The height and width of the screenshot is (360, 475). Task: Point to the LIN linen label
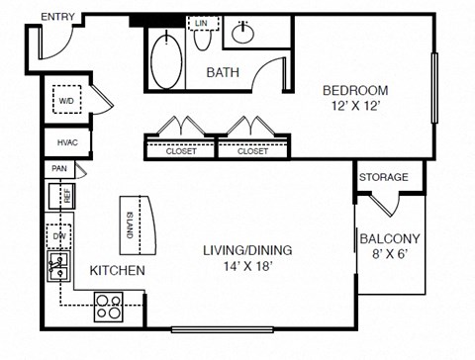coord(202,22)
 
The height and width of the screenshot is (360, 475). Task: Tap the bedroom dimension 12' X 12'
coord(353,108)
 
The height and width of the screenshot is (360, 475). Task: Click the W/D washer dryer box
coord(67,100)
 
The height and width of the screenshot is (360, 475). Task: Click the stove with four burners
coord(108,304)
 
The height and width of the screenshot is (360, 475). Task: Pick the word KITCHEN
coord(119,270)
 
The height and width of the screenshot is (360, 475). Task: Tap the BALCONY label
coord(390,238)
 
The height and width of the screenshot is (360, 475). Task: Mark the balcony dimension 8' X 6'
coord(390,255)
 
